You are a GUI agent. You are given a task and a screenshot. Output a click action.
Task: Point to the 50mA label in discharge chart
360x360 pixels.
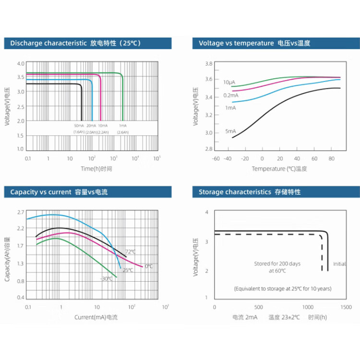[x=79, y=126]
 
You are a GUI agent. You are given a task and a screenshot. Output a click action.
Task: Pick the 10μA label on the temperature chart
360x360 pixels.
[x=228, y=82]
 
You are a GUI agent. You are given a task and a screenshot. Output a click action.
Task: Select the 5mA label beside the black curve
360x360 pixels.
[x=230, y=131]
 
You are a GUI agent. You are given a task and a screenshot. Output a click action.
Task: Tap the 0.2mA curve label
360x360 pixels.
[x=231, y=95]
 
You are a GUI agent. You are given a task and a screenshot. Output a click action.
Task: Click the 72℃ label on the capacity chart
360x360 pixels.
[x=131, y=252]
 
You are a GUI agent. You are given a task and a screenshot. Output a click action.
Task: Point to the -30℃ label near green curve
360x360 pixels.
[x=106, y=278]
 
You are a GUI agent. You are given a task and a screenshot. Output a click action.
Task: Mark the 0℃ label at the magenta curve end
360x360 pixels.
[x=148, y=266]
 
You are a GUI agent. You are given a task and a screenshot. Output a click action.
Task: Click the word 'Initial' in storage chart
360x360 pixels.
[x=339, y=264]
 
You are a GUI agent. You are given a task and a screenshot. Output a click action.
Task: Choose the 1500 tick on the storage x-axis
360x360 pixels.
[x=346, y=307]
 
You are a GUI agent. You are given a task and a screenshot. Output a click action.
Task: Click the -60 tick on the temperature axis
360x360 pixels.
[x=216, y=158]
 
